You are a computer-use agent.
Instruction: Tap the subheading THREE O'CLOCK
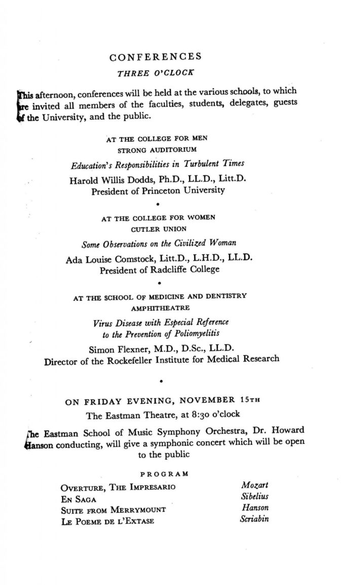click(x=156, y=73)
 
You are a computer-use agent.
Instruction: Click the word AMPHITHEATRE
click(x=158, y=308)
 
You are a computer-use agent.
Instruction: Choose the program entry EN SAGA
click(x=76, y=499)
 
